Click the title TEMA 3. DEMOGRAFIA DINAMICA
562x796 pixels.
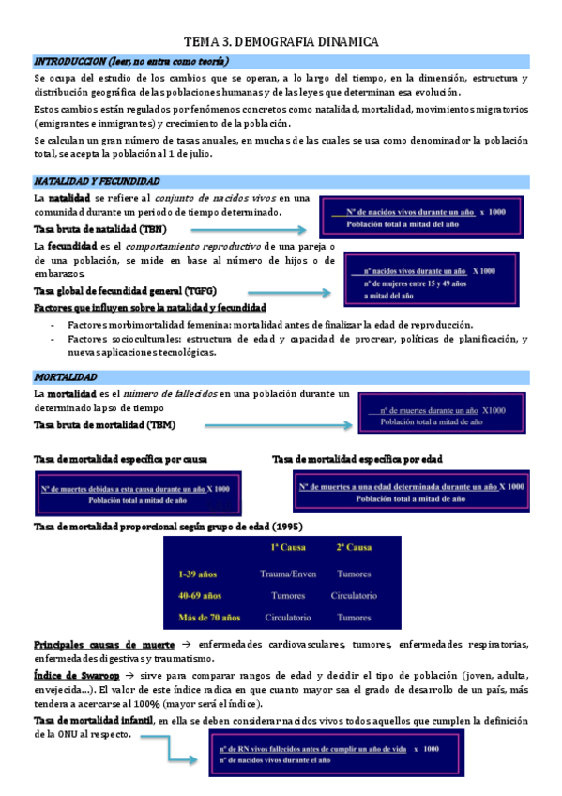click(281, 41)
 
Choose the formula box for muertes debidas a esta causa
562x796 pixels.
click(136, 495)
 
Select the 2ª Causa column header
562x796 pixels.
click(354, 548)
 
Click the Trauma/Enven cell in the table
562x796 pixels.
click(289, 573)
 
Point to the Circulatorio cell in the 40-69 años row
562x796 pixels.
click(354, 595)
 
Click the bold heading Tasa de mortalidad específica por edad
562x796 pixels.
click(357, 459)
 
